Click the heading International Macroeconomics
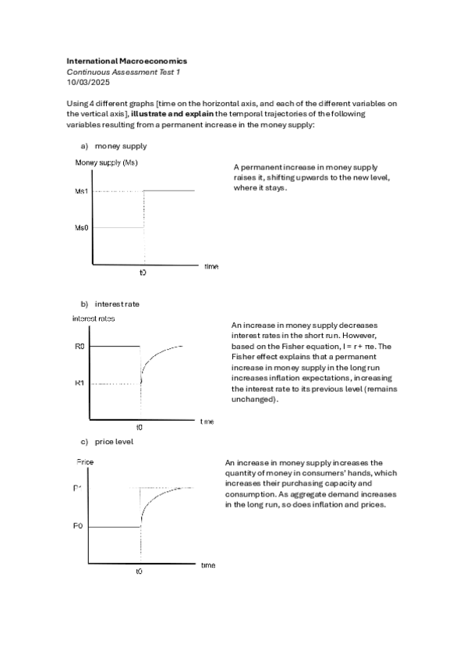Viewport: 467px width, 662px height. coord(126,60)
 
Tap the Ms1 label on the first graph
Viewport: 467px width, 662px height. coord(81,191)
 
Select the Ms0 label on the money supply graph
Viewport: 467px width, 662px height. coord(81,228)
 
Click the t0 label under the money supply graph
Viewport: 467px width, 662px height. coord(143,273)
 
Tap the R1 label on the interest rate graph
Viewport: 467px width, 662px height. coord(80,383)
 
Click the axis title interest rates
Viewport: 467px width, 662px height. coord(94,319)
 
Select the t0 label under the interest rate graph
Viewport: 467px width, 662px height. coord(140,427)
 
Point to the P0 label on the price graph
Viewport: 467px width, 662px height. coord(78,526)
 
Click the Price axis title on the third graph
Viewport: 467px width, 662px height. coord(85,462)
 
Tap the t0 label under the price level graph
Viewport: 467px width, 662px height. coord(139,571)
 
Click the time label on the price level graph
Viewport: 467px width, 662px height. coord(208,564)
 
